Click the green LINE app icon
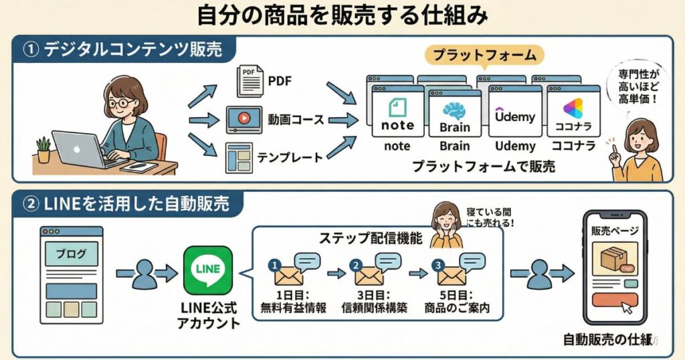point(208,270)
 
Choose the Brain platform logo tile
point(455,114)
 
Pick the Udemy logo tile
point(514,114)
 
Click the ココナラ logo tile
point(573,114)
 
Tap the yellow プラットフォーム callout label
point(484,56)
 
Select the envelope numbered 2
point(369,275)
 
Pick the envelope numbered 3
point(451,275)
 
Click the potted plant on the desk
point(43,149)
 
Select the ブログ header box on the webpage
point(71,254)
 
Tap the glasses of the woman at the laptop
point(123,102)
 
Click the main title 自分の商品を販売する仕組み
point(342,15)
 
